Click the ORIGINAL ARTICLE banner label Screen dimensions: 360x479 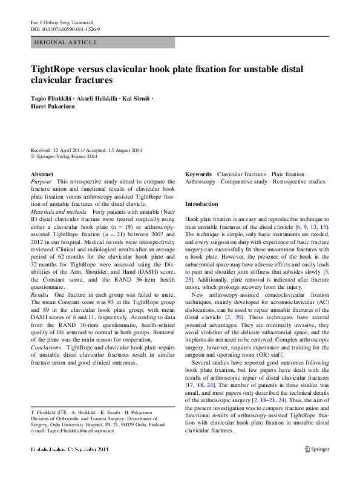coord(65,42)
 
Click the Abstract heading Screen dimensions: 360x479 coord(42,174)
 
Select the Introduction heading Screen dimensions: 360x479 coord(201,204)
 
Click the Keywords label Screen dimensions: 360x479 coord(198,174)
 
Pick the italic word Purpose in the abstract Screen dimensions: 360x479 coord(41,182)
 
